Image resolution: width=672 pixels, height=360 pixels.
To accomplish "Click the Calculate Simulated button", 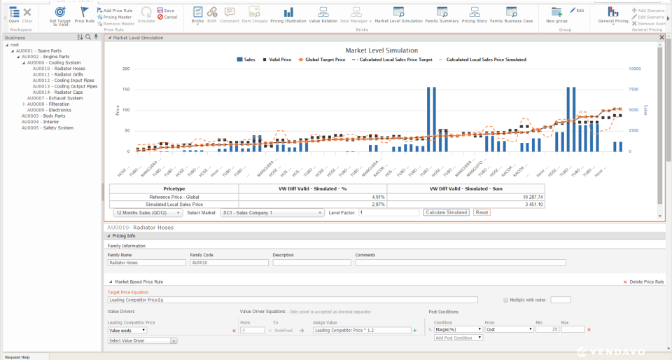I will point(446,212).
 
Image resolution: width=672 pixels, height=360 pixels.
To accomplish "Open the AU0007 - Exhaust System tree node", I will point(50,98).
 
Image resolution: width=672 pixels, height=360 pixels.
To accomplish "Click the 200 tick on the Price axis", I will point(126,69).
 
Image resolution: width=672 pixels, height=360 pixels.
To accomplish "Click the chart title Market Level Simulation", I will point(381,50).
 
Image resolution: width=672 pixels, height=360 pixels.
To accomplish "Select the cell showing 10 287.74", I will point(532,197).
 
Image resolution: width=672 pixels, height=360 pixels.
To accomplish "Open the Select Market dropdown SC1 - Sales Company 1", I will point(272,212).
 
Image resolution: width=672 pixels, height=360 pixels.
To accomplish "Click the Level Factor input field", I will point(388,212).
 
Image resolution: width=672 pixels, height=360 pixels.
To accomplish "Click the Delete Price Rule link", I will point(643,282).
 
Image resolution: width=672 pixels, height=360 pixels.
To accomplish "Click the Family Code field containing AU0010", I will point(229,263).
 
